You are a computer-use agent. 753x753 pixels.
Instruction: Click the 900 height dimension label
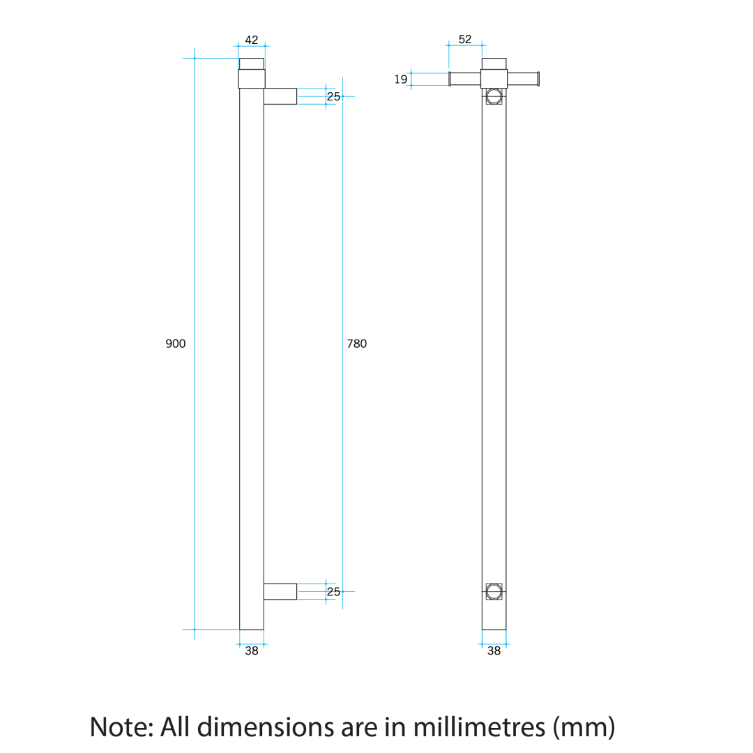click(175, 344)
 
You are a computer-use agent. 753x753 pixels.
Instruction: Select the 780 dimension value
click(357, 344)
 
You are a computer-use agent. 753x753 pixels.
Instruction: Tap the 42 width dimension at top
click(252, 40)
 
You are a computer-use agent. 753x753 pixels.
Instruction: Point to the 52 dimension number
click(465, 39)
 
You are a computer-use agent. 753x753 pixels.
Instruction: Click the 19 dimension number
click(400, 79)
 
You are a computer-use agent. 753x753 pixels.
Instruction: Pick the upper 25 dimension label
click(333, 96)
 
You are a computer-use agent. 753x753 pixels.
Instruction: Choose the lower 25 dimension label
click(333, 592)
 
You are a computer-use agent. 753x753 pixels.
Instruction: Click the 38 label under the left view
click(252, 651)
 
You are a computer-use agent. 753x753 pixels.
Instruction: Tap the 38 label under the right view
click(494, 651)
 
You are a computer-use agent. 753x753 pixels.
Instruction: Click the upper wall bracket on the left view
click(280, 96)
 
